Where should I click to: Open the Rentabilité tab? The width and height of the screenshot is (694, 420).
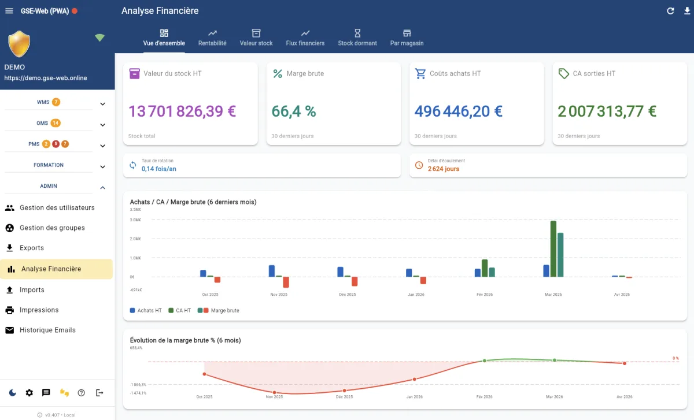click(212, 38)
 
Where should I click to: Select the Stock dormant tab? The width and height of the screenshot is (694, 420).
click(357, 38)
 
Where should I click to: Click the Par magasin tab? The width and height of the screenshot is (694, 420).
click(407, 38)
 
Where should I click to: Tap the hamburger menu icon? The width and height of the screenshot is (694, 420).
click(9, 11)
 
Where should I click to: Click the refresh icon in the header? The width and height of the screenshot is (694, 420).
click(671, 11)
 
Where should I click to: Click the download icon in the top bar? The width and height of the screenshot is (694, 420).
click(687, 11)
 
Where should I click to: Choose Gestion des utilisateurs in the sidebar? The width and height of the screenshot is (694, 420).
click(57, 207)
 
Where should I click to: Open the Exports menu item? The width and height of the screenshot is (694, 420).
click(31, 248)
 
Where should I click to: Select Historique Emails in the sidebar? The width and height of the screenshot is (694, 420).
click(47, 330)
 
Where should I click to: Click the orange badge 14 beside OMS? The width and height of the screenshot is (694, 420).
click(56, 123)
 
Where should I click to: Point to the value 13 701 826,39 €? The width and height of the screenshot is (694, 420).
click(183, 111)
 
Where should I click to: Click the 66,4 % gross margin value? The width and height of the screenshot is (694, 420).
click(294, 111)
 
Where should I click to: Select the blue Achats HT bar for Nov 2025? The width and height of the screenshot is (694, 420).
click(272, 271)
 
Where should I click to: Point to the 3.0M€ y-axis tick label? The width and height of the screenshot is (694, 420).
click(135, 220)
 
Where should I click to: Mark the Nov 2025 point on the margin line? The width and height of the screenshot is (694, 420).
click(275, 393)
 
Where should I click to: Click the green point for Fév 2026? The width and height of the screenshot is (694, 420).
click(485, 360)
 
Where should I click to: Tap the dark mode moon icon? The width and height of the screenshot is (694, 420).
click(13, 393)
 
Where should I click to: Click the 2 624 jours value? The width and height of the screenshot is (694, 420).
click(444, 169)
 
